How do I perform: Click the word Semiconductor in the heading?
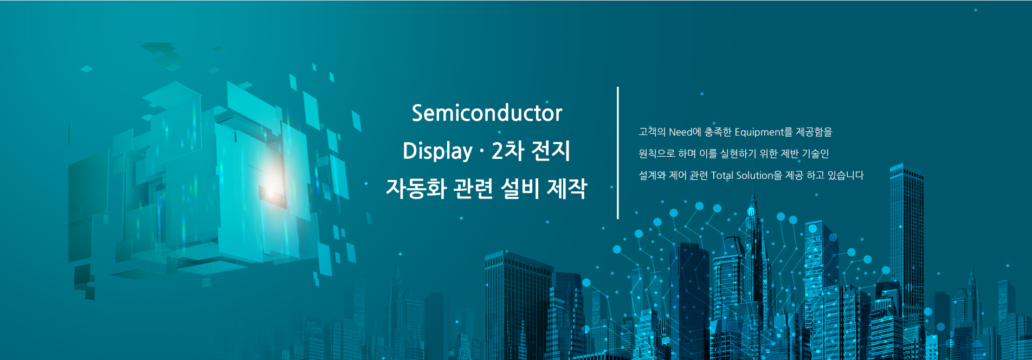tap(487, 113)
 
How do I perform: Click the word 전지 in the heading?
tap(551, 151)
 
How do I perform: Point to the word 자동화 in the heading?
tap(416, 189)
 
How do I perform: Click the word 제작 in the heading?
tap(567, 189)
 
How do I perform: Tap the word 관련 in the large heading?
tap(473, 189)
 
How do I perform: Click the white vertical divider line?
tap(618, 152)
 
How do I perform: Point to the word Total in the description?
tap(722, 175)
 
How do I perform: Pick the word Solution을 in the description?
tap(759, 175)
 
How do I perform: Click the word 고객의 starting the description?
tap(652, 132)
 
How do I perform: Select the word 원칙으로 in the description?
tap(657, 153)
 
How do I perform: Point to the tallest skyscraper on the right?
tap(906, 244)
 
